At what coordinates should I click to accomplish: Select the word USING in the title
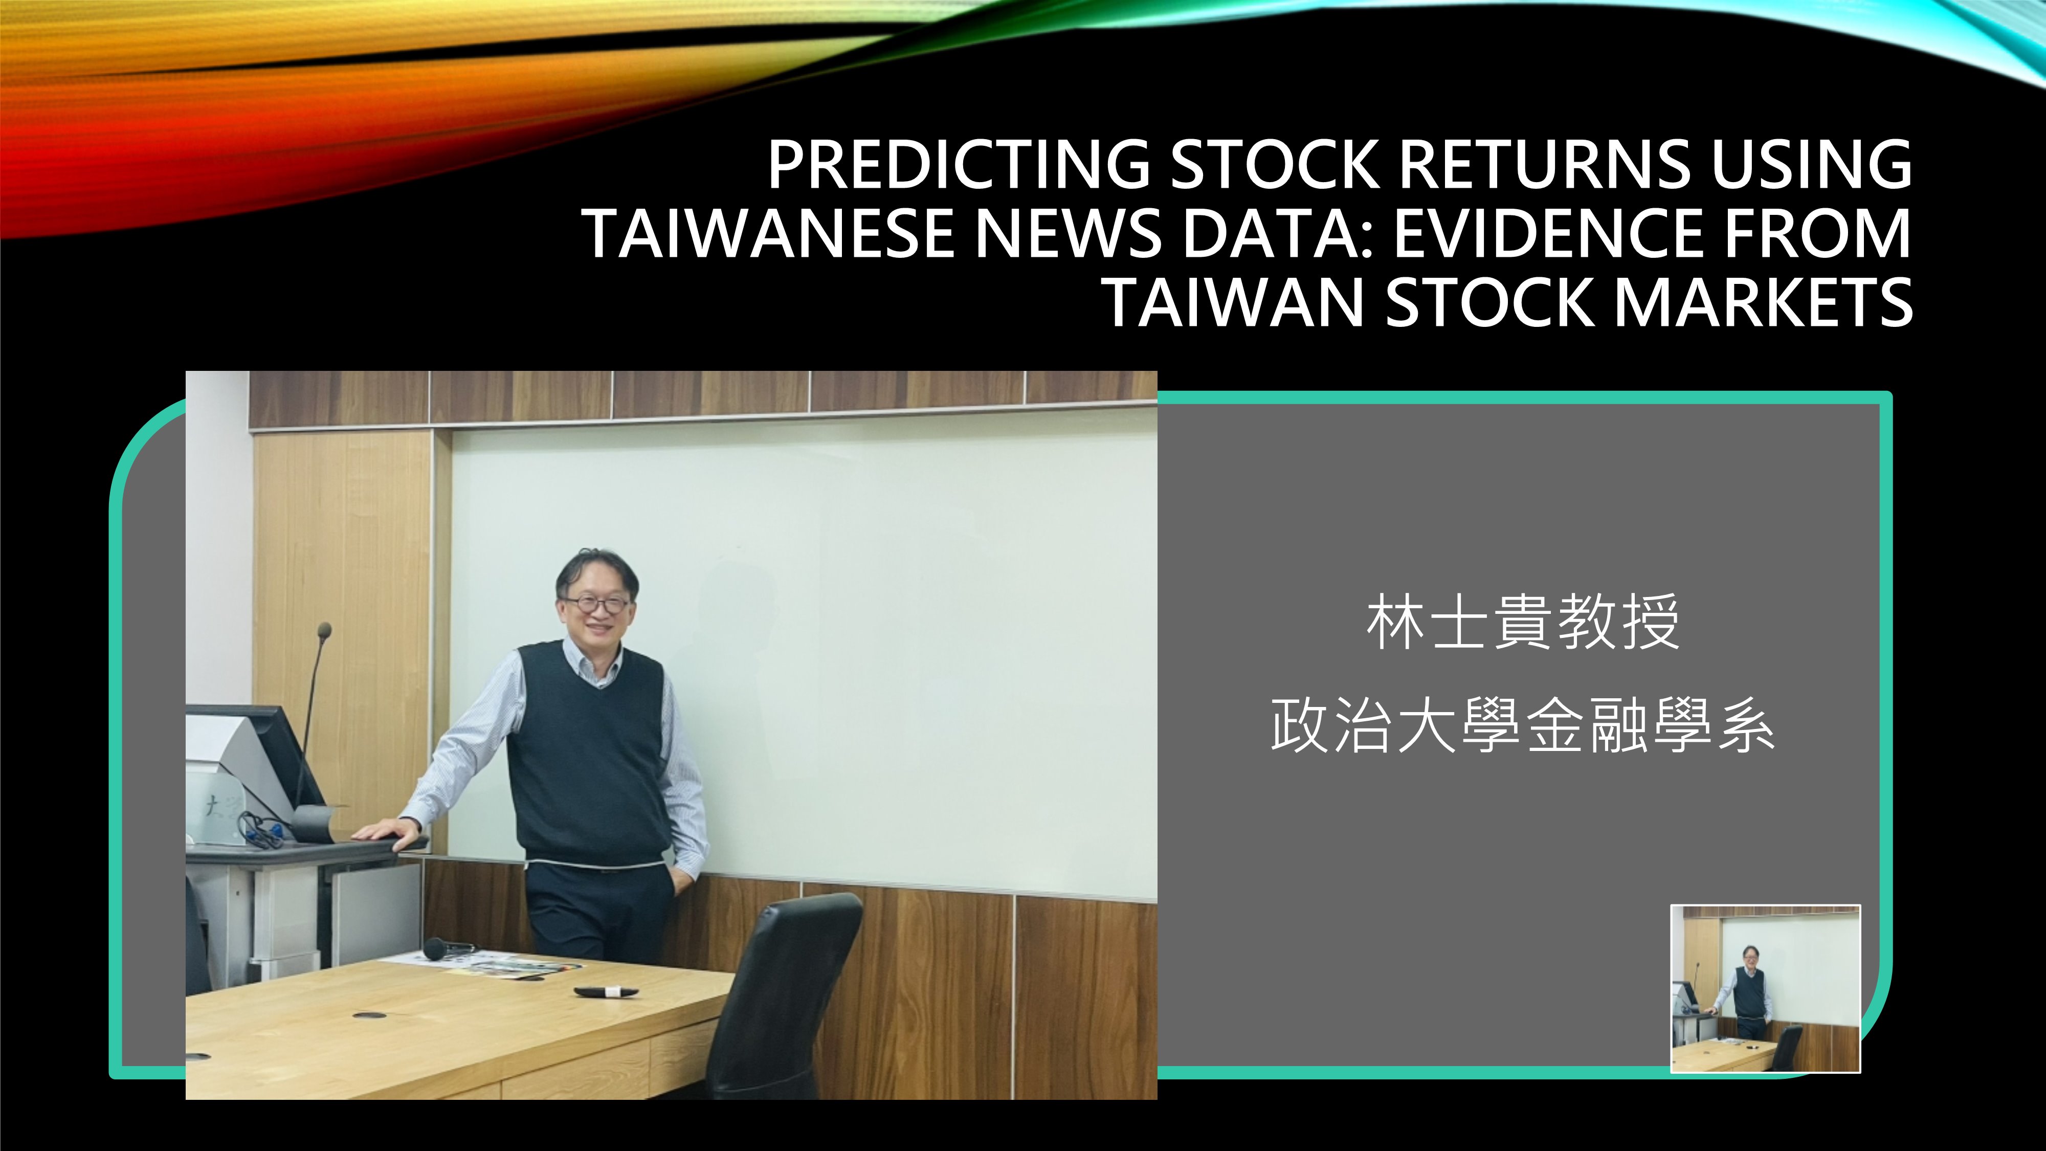coord(1812,165)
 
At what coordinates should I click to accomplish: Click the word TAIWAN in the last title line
coord(1233,303)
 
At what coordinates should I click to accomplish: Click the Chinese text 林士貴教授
coord(1523,623)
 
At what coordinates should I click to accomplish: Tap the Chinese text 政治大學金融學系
coord(1523,725)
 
